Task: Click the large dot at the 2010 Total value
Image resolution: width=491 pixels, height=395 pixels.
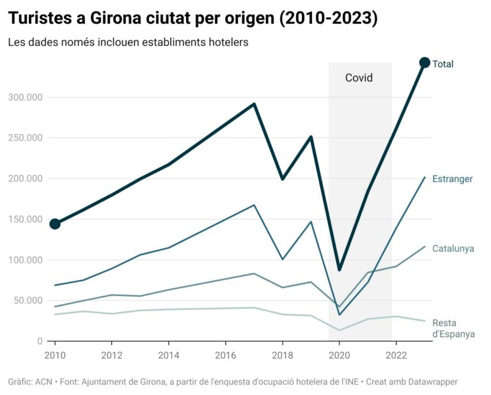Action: point(55,224)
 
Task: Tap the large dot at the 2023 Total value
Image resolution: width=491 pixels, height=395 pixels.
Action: point(425,62)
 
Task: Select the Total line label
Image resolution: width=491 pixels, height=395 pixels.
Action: point(443,64)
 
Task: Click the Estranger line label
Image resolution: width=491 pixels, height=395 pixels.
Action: point(453,179)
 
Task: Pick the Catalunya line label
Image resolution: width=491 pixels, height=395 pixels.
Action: point(453,249)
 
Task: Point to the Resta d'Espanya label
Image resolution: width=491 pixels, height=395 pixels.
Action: point(453,329)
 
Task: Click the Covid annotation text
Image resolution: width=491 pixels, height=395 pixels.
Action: point(359,78)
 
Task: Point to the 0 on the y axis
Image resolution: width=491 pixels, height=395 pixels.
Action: point(40,341)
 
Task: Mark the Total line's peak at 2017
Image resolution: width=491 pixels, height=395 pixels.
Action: point(254,104)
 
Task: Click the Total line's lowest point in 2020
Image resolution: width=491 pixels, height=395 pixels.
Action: point(339,270)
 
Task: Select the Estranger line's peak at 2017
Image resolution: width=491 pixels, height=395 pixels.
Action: point(254,205)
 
